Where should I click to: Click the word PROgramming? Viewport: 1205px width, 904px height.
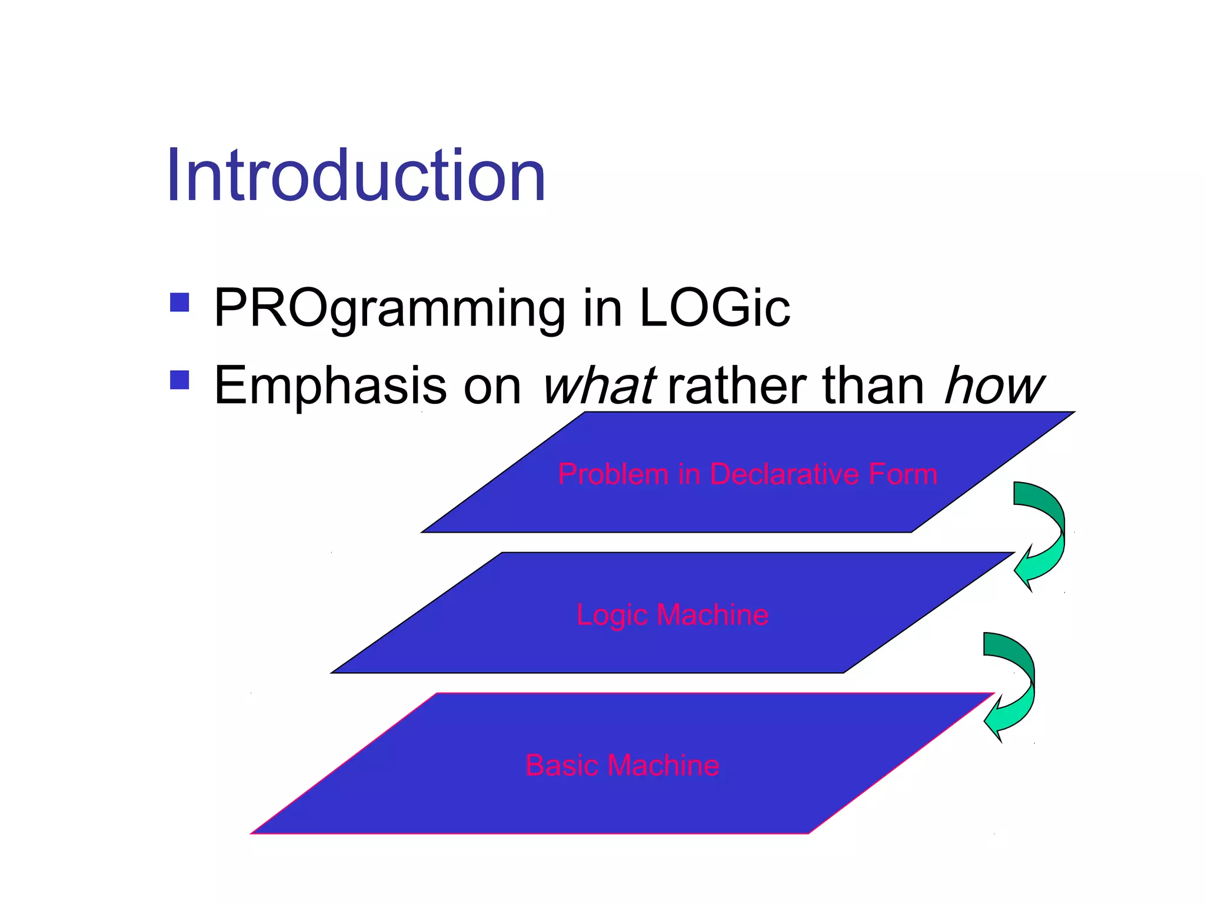click(x=389, y=308)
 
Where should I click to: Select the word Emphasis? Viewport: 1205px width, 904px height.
click(x=330, y=386)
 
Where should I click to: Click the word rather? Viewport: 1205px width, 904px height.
click(x=738, y=386)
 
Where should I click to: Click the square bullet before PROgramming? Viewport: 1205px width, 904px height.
click(x=179, y=303)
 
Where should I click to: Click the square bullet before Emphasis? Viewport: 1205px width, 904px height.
click(x=179, y=380)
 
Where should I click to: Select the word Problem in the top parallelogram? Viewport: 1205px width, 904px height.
click(x=613, y=474)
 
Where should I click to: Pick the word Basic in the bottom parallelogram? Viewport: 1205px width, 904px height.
click(x=561, y=766)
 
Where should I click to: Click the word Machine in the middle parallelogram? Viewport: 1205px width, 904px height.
click(x=713, y=615)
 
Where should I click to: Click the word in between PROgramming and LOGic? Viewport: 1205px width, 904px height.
click(x=602, y=308)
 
